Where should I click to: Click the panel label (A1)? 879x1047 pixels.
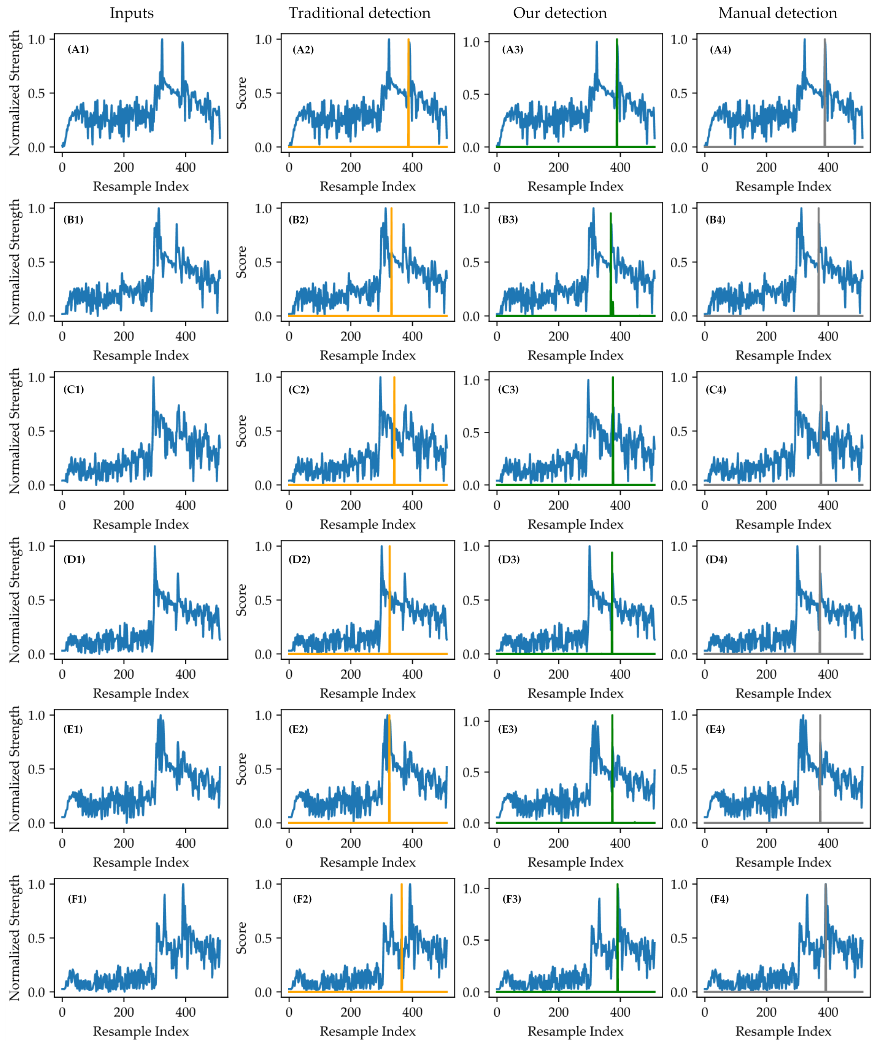click(x=78, y=49)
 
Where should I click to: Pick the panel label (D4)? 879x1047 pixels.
click(x=716, y=559)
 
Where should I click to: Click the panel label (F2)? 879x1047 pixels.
click(x=302, y=899)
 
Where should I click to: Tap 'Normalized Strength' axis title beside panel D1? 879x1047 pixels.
click(x=15, y=600)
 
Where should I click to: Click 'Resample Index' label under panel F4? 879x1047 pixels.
click(x=783, y=1031)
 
